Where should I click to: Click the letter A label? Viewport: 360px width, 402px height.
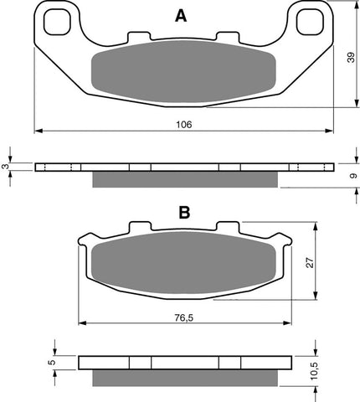(182, 15)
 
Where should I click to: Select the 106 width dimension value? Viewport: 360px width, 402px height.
(184, 124)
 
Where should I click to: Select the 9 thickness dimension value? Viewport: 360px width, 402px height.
(352, 176)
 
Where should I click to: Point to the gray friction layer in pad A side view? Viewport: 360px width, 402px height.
(183, 181)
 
